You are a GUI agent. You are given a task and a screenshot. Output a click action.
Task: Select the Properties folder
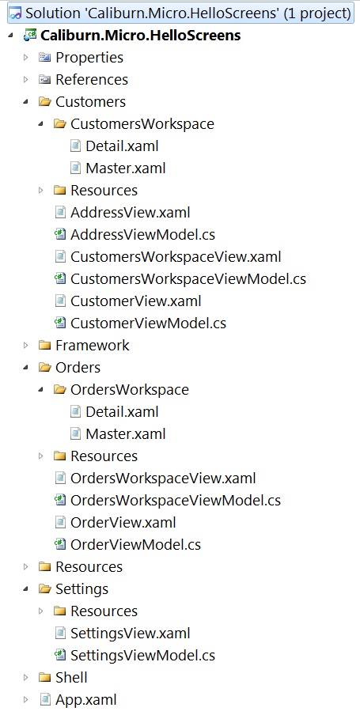pos(89,58)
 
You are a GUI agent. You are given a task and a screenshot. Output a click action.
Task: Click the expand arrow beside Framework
pos(26,346)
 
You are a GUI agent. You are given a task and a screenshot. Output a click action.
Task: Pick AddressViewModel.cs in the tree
pos(142,234)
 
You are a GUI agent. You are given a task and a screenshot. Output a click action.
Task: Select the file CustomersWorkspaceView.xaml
pos(176,257)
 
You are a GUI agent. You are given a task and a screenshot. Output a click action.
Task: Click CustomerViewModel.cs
pos(148,323)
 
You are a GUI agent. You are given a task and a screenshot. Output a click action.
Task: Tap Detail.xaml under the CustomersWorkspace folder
pos(122,146)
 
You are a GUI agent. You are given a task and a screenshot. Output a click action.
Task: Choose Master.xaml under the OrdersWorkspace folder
pos(126,433)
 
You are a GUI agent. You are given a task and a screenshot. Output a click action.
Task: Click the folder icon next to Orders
pos(44,368)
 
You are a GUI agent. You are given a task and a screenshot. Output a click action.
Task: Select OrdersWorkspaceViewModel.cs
pos(175,500)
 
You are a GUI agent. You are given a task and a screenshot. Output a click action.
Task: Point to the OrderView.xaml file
pos(123,522)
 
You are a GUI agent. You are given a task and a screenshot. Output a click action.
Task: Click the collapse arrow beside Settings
pos(26,588)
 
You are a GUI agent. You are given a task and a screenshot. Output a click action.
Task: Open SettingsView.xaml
pos(130,633)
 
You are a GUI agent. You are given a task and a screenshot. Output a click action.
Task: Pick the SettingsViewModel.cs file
pos(142,655)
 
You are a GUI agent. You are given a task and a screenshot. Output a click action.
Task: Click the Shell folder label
pos(71,677)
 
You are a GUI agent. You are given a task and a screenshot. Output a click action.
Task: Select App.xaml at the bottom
pos(85,699)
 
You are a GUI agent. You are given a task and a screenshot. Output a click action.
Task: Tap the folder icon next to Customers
pos(44,102)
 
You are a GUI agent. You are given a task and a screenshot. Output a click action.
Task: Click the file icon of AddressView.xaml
pos(60,213)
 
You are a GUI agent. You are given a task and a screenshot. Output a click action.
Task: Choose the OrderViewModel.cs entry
pos(135,544)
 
